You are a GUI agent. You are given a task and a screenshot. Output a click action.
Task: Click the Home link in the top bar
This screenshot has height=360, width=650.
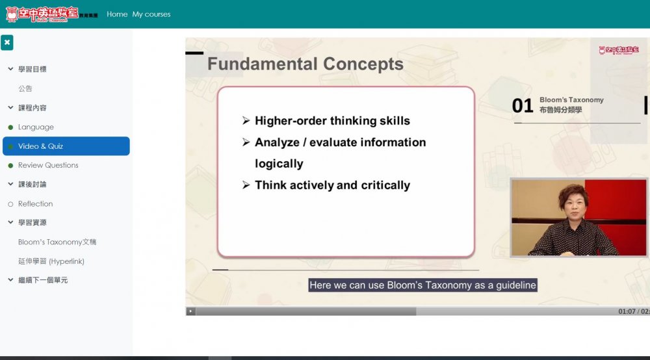(117, 14)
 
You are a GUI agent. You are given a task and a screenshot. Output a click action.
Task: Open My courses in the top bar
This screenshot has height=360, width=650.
(151, 14)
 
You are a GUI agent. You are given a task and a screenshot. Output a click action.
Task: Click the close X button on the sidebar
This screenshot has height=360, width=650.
(7, 42)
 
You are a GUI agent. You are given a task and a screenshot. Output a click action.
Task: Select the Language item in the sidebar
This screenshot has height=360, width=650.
(36, 127)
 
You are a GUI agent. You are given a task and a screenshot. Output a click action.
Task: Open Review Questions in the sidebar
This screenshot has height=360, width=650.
(48, 165)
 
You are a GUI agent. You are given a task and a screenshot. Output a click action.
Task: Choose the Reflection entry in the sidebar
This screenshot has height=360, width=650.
(35, 204)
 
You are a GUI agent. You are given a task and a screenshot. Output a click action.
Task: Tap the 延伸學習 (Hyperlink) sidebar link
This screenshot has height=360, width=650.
(51, 261)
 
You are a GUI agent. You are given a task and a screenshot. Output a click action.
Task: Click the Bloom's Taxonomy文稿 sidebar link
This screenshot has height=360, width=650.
(57, 242)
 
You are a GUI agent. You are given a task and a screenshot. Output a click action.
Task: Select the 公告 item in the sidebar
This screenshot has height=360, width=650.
(25, 88)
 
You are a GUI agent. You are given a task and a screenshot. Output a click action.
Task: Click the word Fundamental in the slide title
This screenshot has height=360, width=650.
(262, 64)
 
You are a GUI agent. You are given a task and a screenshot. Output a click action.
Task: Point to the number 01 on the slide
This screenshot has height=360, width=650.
(523, 106)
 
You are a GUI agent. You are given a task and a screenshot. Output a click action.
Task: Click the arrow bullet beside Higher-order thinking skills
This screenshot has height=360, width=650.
(246, 121)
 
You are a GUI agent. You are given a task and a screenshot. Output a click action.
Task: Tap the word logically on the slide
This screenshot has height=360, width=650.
(279, 164)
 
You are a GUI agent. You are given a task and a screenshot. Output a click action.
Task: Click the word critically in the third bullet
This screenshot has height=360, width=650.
(385, 185)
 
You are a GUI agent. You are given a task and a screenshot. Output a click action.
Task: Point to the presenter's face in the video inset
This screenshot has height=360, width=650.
(575, 205)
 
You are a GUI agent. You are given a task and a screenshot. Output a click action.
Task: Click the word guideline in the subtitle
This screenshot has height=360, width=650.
(515, 285)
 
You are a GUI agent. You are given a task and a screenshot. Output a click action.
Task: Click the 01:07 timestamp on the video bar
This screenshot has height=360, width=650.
(627, 311)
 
